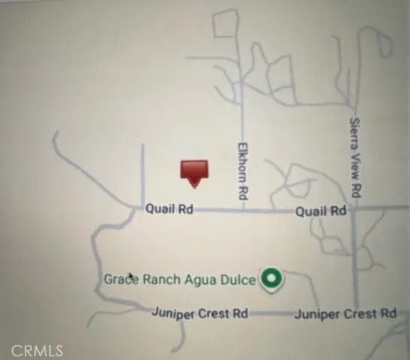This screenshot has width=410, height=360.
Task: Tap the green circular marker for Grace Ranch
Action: pos(271,280)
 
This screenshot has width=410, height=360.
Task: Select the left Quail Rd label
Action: pos(169,211)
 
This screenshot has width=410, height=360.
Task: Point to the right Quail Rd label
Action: pos(320,212)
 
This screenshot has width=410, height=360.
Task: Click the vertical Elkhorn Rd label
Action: pos(243,171)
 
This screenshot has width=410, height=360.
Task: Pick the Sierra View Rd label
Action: pos(358,154)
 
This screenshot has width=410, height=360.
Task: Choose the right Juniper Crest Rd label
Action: pos(345,313)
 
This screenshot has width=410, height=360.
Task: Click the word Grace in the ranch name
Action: pos(118,280)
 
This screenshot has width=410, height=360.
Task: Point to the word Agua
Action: pos(199,280)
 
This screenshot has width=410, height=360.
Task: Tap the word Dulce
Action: pos(239,280)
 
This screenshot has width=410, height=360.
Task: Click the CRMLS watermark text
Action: pos(32,350)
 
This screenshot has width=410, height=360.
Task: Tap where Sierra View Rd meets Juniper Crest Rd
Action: pos(355,312)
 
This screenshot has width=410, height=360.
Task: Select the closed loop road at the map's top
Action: pos(226,24)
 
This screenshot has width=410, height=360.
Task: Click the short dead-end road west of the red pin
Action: pos(142,169)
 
